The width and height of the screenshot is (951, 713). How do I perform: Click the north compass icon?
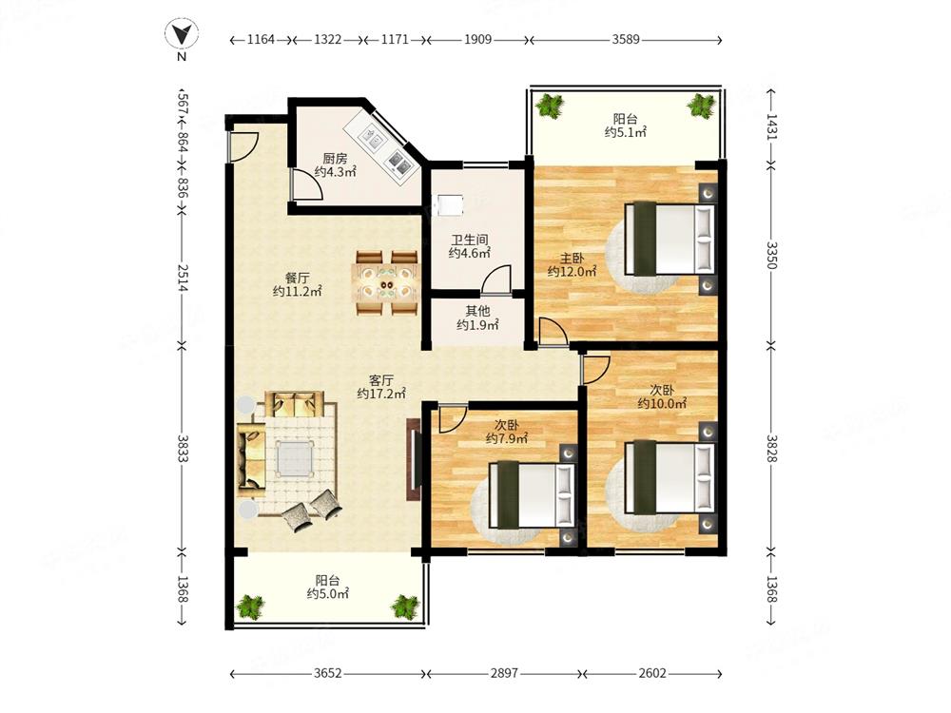182,34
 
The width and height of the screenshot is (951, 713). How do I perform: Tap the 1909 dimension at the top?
477,39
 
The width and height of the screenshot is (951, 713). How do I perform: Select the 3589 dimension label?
626,39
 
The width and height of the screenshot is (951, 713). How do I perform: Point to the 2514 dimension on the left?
182,277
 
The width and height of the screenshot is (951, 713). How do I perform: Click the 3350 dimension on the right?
770,255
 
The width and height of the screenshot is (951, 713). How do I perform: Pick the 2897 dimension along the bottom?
505,673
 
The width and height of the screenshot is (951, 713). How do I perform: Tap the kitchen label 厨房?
335,159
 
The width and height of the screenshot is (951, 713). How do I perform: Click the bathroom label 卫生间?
470,241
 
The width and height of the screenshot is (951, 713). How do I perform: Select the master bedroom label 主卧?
572,259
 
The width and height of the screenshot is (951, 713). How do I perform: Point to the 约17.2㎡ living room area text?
381,395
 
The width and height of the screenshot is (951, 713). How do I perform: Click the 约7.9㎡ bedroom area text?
507,438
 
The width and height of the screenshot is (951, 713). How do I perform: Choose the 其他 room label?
477,311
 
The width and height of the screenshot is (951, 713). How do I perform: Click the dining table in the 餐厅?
387,282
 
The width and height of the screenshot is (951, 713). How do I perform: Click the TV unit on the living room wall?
415,459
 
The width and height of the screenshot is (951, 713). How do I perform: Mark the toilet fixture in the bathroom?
450,204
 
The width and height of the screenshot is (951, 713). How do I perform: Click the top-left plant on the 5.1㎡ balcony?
551,106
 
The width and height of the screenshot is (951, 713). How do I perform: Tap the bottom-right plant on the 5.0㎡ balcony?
404,607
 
